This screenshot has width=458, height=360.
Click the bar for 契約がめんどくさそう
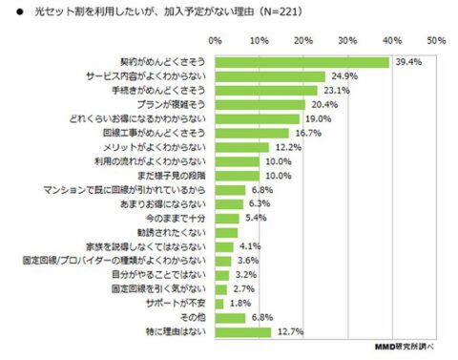point(302,62)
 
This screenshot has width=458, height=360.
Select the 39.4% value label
point(408,62)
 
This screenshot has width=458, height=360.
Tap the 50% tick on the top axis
point(437,41)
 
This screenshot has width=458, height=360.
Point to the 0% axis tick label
point(215,41)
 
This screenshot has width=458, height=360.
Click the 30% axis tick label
point(347,41)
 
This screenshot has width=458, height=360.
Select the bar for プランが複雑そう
point(260,105)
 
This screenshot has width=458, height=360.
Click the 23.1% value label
point(336,91)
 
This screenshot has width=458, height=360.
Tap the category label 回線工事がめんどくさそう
point(157,134)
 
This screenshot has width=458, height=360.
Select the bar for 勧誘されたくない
point(225,232)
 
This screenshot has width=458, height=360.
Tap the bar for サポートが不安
point(219,304)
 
